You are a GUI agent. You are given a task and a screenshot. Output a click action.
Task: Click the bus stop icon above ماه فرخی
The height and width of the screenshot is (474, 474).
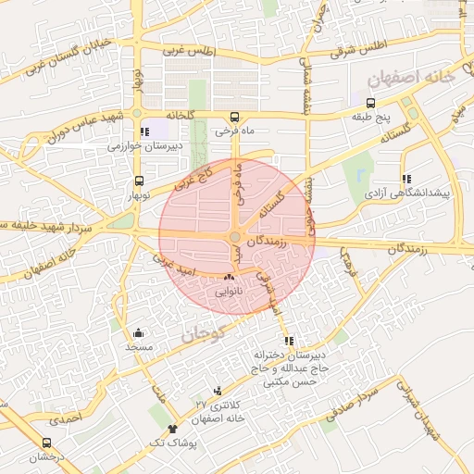tap(235, 118)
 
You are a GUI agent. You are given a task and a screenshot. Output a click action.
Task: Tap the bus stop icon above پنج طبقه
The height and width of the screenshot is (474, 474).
tap(371, 104)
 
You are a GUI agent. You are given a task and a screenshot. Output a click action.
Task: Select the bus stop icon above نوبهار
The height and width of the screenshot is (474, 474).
tap(139, 181)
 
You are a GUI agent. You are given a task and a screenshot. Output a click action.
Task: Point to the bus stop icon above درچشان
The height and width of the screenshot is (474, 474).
tap(47, 443)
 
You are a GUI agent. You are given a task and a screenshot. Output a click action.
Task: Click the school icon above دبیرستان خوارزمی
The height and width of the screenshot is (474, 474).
tap(143, 132)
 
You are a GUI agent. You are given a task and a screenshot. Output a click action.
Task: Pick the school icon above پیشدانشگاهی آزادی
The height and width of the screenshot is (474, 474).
tap(405, 180)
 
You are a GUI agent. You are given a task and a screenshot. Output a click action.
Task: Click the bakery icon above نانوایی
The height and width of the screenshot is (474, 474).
tap(230, 277)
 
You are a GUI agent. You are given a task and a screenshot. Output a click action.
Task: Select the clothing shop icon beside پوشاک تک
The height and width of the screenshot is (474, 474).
tap(172, 429)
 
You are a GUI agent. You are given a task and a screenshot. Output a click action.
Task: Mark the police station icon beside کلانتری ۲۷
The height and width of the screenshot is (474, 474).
tap(217, 391)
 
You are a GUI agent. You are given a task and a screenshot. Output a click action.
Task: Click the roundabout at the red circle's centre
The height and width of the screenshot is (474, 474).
tap(237, 238)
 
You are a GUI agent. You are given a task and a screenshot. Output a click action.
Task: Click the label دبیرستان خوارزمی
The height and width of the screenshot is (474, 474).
tap(144, 146)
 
